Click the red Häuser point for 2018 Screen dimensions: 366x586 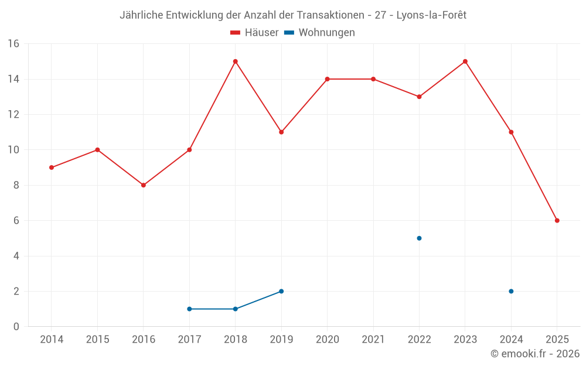click(x=235, y=61)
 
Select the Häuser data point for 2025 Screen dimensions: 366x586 click(x=557, y=221)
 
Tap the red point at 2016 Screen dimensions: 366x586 click(x=144, y=185)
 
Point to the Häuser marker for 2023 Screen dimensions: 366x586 click(x=465, y=61)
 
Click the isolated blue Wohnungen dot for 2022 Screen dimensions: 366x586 click(x=419, y=238)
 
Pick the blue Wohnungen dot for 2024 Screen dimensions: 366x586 click(x=511, y=291)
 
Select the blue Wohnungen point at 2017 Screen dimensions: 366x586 click(x=189, y=309)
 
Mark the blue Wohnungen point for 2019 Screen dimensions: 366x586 click(x=281, y=291)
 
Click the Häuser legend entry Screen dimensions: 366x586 click(x=254, y=33)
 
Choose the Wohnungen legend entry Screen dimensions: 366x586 click(x=320, y=33)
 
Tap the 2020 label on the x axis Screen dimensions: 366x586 click(x=327, y=340)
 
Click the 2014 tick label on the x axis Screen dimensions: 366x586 click(x=52, y=340)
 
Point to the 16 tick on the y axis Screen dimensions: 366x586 click(x=13, y=44)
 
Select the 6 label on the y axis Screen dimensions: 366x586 click(x=16, y=221)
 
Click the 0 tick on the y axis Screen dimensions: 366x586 click(x=16, y=327)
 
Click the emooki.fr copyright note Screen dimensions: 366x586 click(x=535, y=354)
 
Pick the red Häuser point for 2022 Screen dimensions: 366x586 click(x=419, y=97)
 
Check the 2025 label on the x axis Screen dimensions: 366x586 click(x=557, y=340)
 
